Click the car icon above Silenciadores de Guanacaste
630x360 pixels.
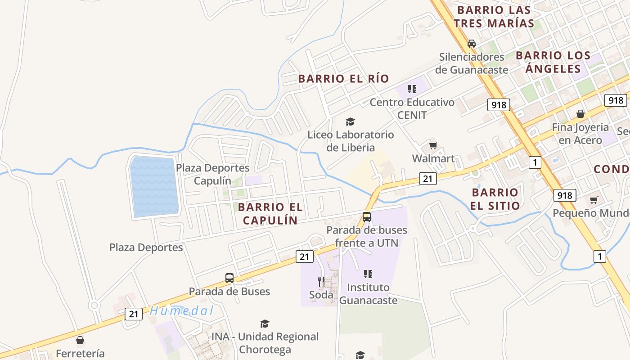471,44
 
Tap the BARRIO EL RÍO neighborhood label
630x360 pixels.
343,78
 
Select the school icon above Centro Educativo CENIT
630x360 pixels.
412,89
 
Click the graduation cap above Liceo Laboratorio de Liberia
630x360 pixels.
350,121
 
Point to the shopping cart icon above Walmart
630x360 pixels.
433,145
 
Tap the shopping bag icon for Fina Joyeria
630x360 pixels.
580,114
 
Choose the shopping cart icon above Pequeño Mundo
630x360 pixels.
594,200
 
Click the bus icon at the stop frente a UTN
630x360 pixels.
367,217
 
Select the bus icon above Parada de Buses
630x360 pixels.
229,278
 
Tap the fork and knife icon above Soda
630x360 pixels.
321,282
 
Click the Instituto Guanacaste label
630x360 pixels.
368,293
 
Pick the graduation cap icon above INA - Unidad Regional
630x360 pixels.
265,324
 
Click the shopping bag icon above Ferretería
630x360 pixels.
80,340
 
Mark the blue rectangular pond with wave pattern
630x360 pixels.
154,186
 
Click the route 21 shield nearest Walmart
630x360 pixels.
427,179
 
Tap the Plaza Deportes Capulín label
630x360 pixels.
212,174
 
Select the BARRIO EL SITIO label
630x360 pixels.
495,199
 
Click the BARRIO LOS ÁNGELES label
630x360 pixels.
553,62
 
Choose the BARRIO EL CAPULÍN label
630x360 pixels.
270,213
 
